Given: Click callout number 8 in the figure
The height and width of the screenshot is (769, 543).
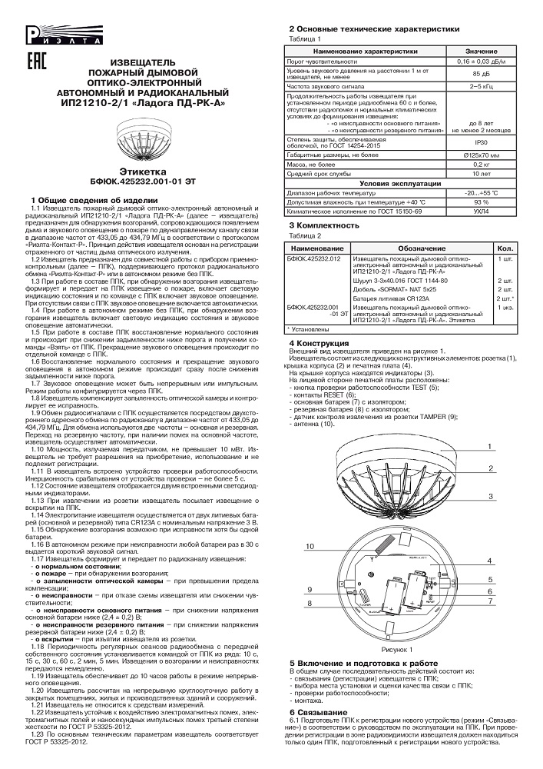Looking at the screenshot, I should (x=309, y=604).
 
